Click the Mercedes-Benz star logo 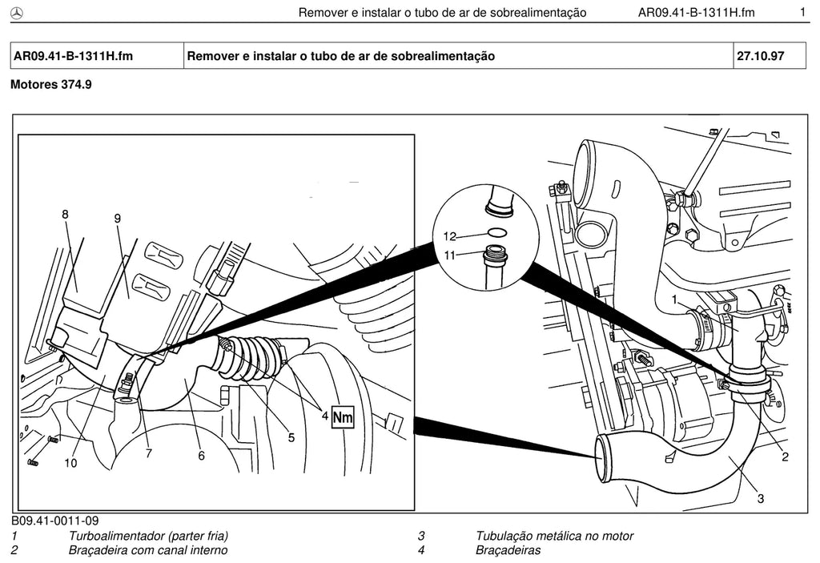click(x=17, y=13)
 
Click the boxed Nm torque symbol click(x=343, y=417)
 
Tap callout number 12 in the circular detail click(x=450, y=236)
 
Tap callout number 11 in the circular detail click(x=450, y=255)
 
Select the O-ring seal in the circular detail click(x=496, y=231)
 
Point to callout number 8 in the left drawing click(x=65, y=215)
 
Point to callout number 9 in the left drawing click(x=117, y=218)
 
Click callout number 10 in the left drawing click(x=70, y=463)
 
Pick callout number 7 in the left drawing click(x=148, y=453)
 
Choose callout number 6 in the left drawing click(x=201, y=456)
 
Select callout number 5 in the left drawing click(x=291, y=437)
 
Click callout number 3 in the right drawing click(x=761, y=499)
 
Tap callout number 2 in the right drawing click(x=785, y=456)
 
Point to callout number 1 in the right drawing click(x=674, y=300)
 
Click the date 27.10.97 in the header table click(x=761, y=56)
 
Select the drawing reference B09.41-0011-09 click(x=55, y=521)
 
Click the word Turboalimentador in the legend click(x=118, y=536)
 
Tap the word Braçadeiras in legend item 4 click(x=508, y=550)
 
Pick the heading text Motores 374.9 click(x=51, y=84)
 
